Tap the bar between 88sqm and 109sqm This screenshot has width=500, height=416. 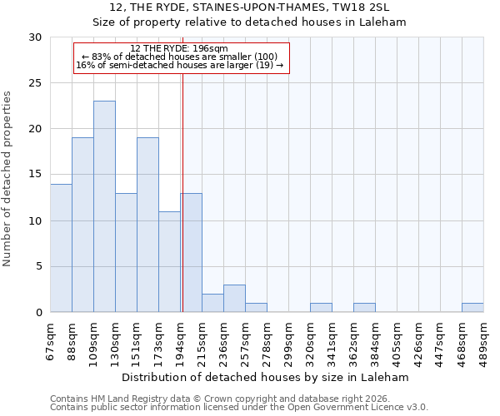(82, 225)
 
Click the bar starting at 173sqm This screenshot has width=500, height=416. (169, 261)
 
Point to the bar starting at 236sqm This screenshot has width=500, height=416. (234, 299)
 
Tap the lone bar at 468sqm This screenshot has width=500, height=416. (472, 308)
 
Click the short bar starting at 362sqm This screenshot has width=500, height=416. (364, 308)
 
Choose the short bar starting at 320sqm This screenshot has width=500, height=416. (321, 308)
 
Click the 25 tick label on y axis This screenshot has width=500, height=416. (35, 83)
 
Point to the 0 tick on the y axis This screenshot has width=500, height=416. (38, 313)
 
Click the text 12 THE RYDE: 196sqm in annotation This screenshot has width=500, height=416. (179, 49)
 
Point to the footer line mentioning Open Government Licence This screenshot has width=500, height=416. (239, 408)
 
